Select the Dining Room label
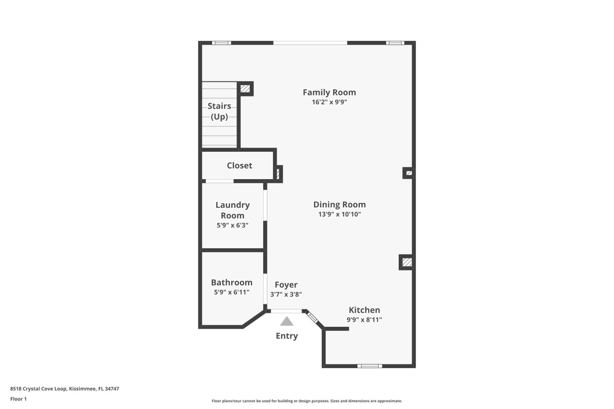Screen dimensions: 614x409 point(339,204)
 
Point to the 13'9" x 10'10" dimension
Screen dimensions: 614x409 point(339,214)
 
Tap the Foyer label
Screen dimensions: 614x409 point(286,285)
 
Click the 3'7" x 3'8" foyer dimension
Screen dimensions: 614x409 point(286,294)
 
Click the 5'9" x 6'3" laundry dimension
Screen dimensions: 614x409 point(232,225)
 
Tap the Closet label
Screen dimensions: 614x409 point(239,166)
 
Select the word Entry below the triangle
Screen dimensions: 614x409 point(287,336)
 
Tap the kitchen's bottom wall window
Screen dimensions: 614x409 point(369,366)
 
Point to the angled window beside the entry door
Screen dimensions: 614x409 point(312,318)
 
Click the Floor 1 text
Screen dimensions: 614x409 point(18,399)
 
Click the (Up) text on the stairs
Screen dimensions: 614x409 point(219,117)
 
